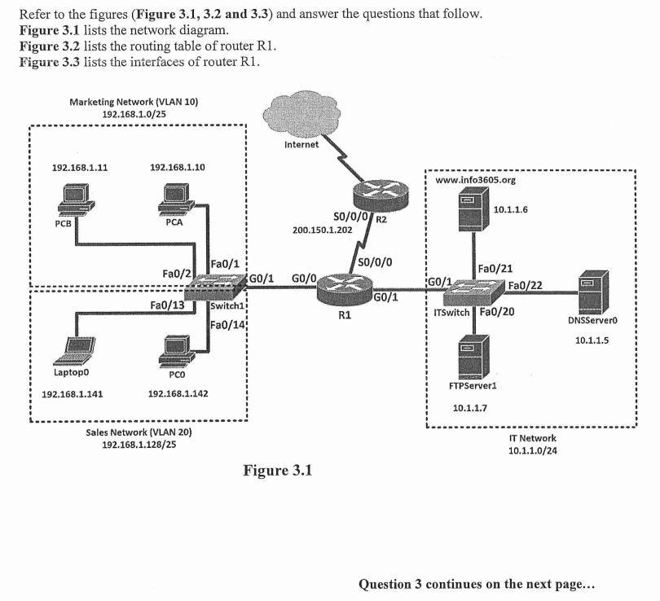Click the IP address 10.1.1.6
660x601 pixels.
pos(511,209)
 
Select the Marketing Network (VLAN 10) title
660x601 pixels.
pos(134,102)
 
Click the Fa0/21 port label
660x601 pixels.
pos(495,268)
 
